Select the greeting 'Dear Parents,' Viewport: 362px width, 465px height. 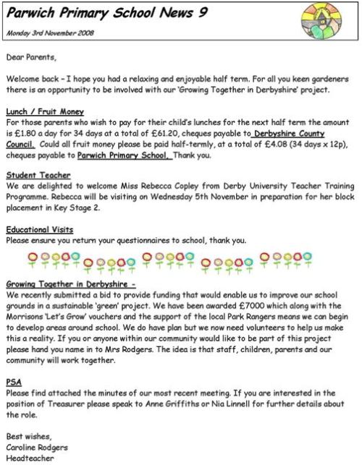pos(32,56)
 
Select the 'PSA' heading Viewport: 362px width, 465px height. pos(14,380)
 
